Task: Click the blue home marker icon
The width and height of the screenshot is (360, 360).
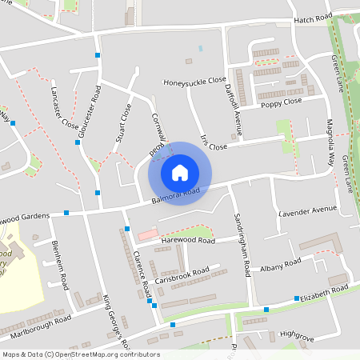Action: [x=179, y=172]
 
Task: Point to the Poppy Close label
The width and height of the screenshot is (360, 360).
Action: [x=280, y=102]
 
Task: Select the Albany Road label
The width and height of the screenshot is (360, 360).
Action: [x=281, y=265]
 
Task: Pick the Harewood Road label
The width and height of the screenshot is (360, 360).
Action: [x=188, y=240]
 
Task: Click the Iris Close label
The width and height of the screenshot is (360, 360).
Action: [x=214, y=143]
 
